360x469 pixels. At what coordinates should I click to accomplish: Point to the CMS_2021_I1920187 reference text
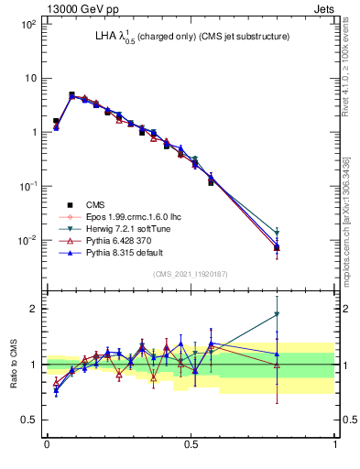191,275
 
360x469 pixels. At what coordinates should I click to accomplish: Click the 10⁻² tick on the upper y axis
27,240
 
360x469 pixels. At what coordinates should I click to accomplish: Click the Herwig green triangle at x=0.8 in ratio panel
278,314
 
